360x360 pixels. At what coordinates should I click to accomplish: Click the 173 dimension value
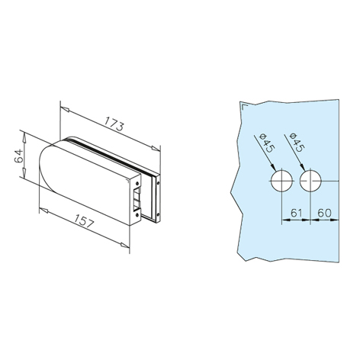pos(114,124)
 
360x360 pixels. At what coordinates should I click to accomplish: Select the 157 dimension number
pos(85,220)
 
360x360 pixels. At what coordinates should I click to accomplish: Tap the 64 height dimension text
pos(18,156)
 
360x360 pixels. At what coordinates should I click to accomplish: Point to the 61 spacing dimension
pos(296,213)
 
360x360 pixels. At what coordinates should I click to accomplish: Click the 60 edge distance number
pos(325,213)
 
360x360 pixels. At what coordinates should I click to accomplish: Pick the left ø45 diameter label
pos(265,143)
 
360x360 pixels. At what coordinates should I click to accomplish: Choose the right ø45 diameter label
pos(297,143)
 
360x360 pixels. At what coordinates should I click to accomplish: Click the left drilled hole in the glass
pos(281,181)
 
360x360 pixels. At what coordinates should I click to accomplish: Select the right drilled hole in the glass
pos(310,181)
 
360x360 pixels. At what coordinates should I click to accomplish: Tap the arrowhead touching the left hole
pos(273,167)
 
